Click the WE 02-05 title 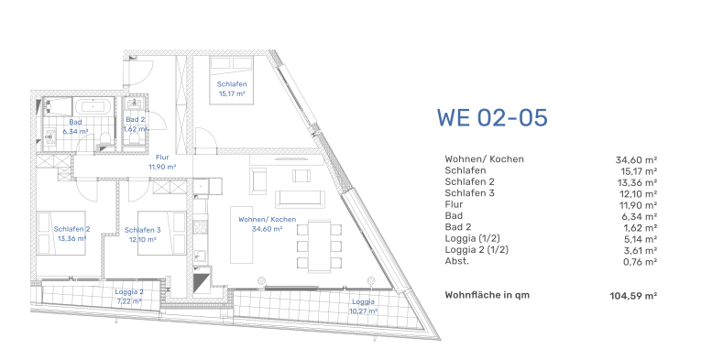[x=492, y=117]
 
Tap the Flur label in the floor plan [x=162, y=158]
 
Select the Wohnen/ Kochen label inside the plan [x=267, y=219]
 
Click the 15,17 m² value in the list [x=639, y=171]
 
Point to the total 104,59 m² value [x=633, y=296]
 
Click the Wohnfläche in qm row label [x=487, y=295]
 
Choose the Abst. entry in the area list [x=457, y=261]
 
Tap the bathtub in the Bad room [x=93, y=107]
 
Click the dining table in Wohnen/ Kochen [x=319, y=245]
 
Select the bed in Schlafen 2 [x=61, y=233]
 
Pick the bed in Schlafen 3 [x=162, y=233]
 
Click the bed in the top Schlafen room [x=231, y=81]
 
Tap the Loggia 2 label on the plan [x=129, y=292]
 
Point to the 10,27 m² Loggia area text [x=363, y=311]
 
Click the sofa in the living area [x=301, y=200]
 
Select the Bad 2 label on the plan [x=136, y=120]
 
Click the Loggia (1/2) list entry [x=472, y=238]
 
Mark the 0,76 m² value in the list [x=641, y=262]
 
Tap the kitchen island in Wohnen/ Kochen [x=242, y=235]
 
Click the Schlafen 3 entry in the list [x=469, y=193]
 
